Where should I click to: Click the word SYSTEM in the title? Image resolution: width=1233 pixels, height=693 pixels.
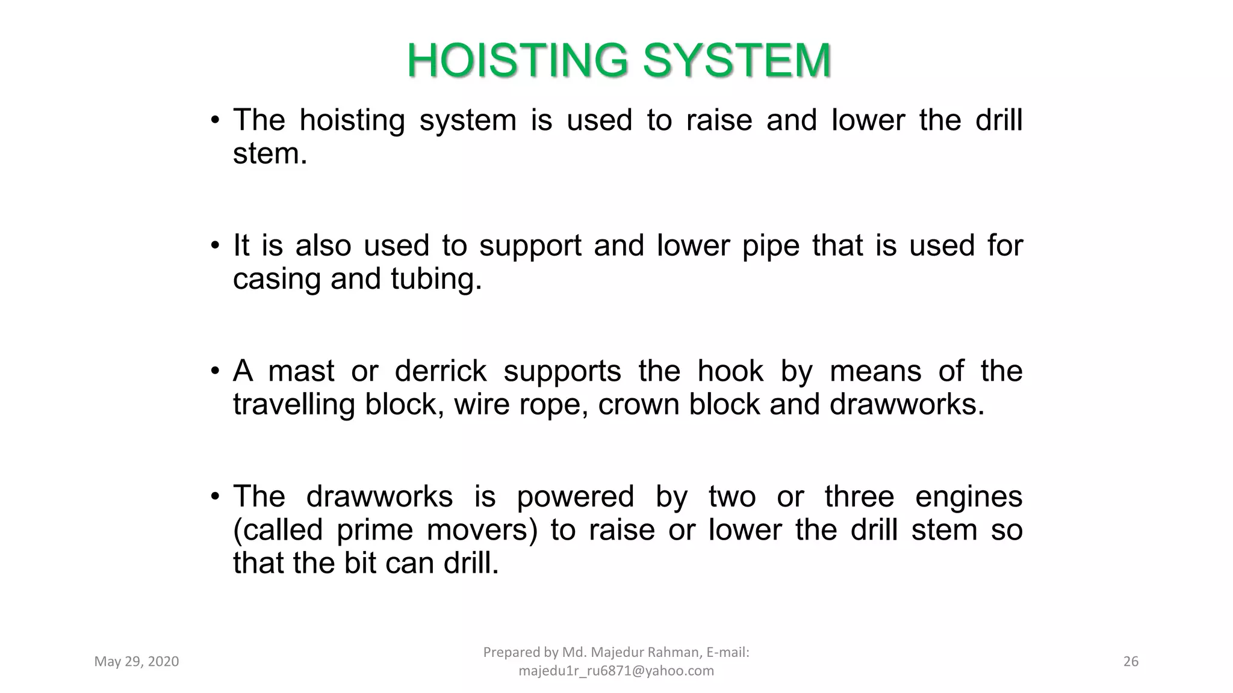(737, 61)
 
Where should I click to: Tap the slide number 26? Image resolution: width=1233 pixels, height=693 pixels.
(1131, 662)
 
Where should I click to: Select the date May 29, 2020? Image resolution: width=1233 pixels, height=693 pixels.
(137, 662)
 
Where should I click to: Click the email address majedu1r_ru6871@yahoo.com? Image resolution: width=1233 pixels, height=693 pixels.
(616, 671)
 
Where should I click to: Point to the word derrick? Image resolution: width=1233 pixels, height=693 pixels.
(440, 371)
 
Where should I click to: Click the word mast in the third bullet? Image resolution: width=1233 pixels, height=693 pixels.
(300, 371)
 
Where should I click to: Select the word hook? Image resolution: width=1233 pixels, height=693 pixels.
(730, 371)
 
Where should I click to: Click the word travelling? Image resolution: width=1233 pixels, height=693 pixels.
(293, 404)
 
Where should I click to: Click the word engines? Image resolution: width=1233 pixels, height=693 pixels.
(968, 497)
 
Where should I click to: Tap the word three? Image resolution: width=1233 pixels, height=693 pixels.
(859, 497)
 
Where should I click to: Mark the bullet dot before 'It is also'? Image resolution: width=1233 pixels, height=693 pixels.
(215, 245)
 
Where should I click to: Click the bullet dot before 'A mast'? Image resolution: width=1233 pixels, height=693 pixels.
(215, 371)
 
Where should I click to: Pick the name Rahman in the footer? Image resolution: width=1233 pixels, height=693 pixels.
(673, 652)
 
